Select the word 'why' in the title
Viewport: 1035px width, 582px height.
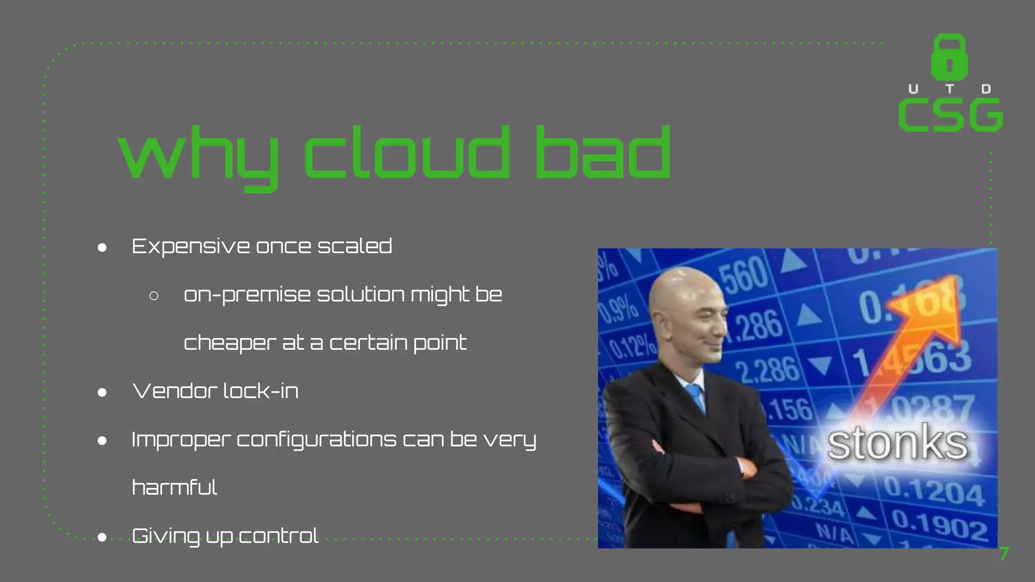point(199,157)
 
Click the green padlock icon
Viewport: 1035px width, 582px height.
point(949,57)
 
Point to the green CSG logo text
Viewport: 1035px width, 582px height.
point(951,115)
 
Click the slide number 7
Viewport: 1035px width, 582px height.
point(1004,554)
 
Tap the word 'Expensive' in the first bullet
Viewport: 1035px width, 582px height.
point(191,247)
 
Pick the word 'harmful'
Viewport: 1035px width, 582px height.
point(174,488)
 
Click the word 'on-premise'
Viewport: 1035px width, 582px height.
point(247,295)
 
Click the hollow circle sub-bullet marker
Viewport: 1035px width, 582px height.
point(154,296)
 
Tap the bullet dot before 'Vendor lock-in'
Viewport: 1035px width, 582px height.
point(102,392)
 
